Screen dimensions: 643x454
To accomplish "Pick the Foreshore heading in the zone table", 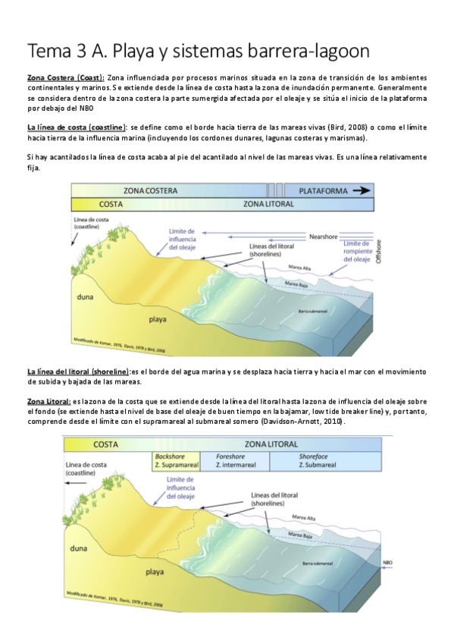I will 233,456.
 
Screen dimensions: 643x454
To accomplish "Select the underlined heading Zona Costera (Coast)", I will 66,78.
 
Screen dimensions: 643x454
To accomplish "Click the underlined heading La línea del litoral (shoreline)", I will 78,372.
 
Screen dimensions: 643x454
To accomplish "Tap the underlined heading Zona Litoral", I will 49,400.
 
